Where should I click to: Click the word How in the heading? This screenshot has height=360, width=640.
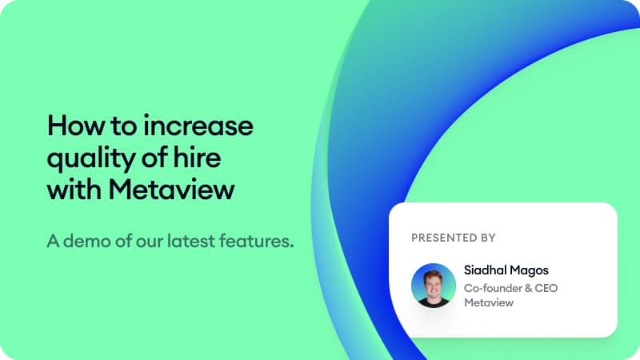click(72, 126)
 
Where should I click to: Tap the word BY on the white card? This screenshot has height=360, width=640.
click(488, 238)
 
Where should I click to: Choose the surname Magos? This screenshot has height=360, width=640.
click(530, 270)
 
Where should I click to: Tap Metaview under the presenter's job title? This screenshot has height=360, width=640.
click(488, 303)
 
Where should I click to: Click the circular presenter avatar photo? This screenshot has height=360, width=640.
click(433, 286)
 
